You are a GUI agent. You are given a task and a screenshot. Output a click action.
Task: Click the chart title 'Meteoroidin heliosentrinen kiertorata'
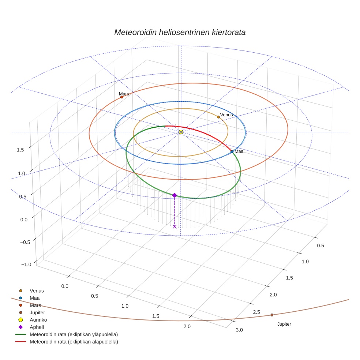coord(180,32)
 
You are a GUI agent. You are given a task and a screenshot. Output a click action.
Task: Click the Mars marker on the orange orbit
coord(122,97)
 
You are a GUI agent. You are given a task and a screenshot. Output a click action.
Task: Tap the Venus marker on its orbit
coord(218,117)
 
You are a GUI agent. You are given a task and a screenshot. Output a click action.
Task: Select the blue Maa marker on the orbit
coord(232,151)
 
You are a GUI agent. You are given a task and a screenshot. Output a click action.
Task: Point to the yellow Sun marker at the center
coord(181,132)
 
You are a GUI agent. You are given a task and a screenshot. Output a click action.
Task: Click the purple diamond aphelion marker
coord(175,195)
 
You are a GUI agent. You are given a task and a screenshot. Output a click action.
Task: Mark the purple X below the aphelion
coord(175,227)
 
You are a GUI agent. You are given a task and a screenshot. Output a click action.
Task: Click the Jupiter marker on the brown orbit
coord(272,315)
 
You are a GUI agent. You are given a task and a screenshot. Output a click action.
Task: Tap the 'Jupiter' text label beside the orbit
coord(284,324)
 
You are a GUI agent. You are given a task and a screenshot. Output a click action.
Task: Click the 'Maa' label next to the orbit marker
coord(239,151)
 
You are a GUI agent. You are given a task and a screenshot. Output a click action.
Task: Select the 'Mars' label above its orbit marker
coord(124,94)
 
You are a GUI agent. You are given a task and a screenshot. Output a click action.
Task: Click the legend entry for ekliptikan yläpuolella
coord(74,334)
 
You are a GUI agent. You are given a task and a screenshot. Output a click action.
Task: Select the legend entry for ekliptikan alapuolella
coord(74,342)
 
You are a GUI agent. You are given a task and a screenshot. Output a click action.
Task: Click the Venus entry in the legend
coord(37,291)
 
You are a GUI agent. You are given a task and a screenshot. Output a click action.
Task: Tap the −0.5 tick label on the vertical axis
coord(25,242)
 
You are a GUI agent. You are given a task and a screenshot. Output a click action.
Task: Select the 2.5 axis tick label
coord(256,312)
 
